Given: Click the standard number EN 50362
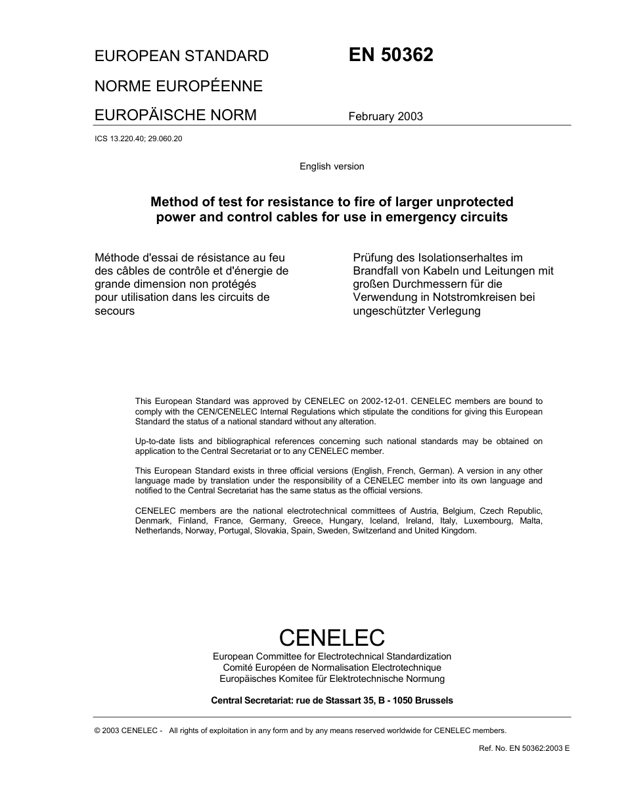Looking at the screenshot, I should (x=391, y=55).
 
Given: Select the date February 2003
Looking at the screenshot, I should (x=386, y=117).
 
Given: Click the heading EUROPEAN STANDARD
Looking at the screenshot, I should (x=181, y=56).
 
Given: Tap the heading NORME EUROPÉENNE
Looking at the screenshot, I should (x=179, y=86).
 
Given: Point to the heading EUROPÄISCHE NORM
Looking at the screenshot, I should (x=175, y=116).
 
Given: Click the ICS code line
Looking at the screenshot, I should (x=138, y=139).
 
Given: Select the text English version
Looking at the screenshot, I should (x=332, y=166).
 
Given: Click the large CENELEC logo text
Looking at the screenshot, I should (x=332, y=637).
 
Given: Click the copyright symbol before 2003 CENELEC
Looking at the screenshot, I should (x=98, y=730).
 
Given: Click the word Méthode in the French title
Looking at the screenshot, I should (x=117, y=258).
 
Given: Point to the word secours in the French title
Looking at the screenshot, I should (x=114, y=311).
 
